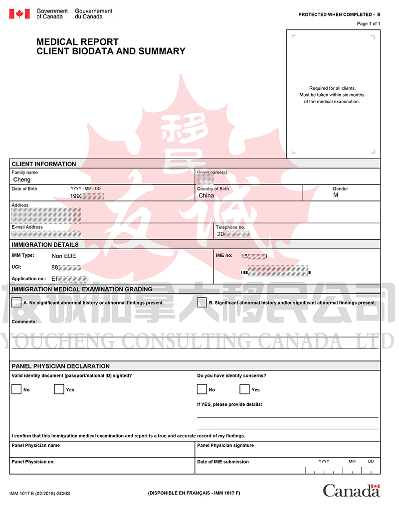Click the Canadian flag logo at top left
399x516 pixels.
(x=19, y=13)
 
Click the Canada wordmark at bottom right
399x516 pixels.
(x=351, y=491)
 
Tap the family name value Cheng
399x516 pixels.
(x=22, y=179)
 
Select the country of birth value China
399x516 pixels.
(x=206, y=195)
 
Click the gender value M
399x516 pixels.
(x=336, y=195)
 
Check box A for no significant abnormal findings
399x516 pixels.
(x=16, y=302)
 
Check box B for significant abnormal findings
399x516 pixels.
(x=202, y=302)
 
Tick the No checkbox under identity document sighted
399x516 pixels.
(x=16, y=389)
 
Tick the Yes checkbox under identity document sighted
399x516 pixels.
(x=59, y=389)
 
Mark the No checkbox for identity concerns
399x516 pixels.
(x=202, y=389)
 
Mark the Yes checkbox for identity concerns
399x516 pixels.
(x=244, y=389)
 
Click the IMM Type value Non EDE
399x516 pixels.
(x=64, y=256)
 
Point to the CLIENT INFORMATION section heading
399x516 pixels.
(x=44, y=164)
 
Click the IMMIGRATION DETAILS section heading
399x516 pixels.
(x=45, y=245)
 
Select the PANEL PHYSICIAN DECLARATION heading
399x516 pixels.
(x=60, y=366)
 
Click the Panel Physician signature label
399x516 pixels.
(x=225, y=445)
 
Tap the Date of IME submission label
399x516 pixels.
(x=223, y=462)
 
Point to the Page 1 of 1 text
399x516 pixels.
(x=369, y=23)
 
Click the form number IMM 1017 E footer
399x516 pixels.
(x=39, y=493)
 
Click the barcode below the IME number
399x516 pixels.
(x=276, y=273)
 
